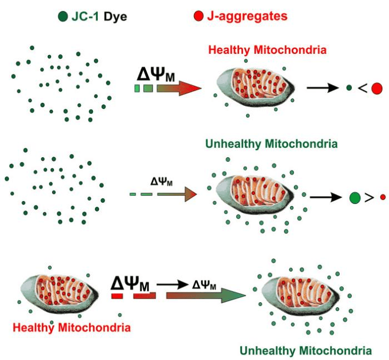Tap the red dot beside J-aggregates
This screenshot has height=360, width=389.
(198, 17)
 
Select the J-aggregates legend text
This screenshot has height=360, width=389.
(246, 17)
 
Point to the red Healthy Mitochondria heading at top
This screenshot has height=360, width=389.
(267, 51)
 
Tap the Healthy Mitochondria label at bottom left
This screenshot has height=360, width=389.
(72, 328)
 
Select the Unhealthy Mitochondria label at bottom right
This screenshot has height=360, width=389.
(306, 351)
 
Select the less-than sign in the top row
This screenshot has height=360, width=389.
(362, 88)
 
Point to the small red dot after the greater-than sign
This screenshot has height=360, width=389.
(382, 197)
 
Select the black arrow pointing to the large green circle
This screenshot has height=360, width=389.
(326, 197)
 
